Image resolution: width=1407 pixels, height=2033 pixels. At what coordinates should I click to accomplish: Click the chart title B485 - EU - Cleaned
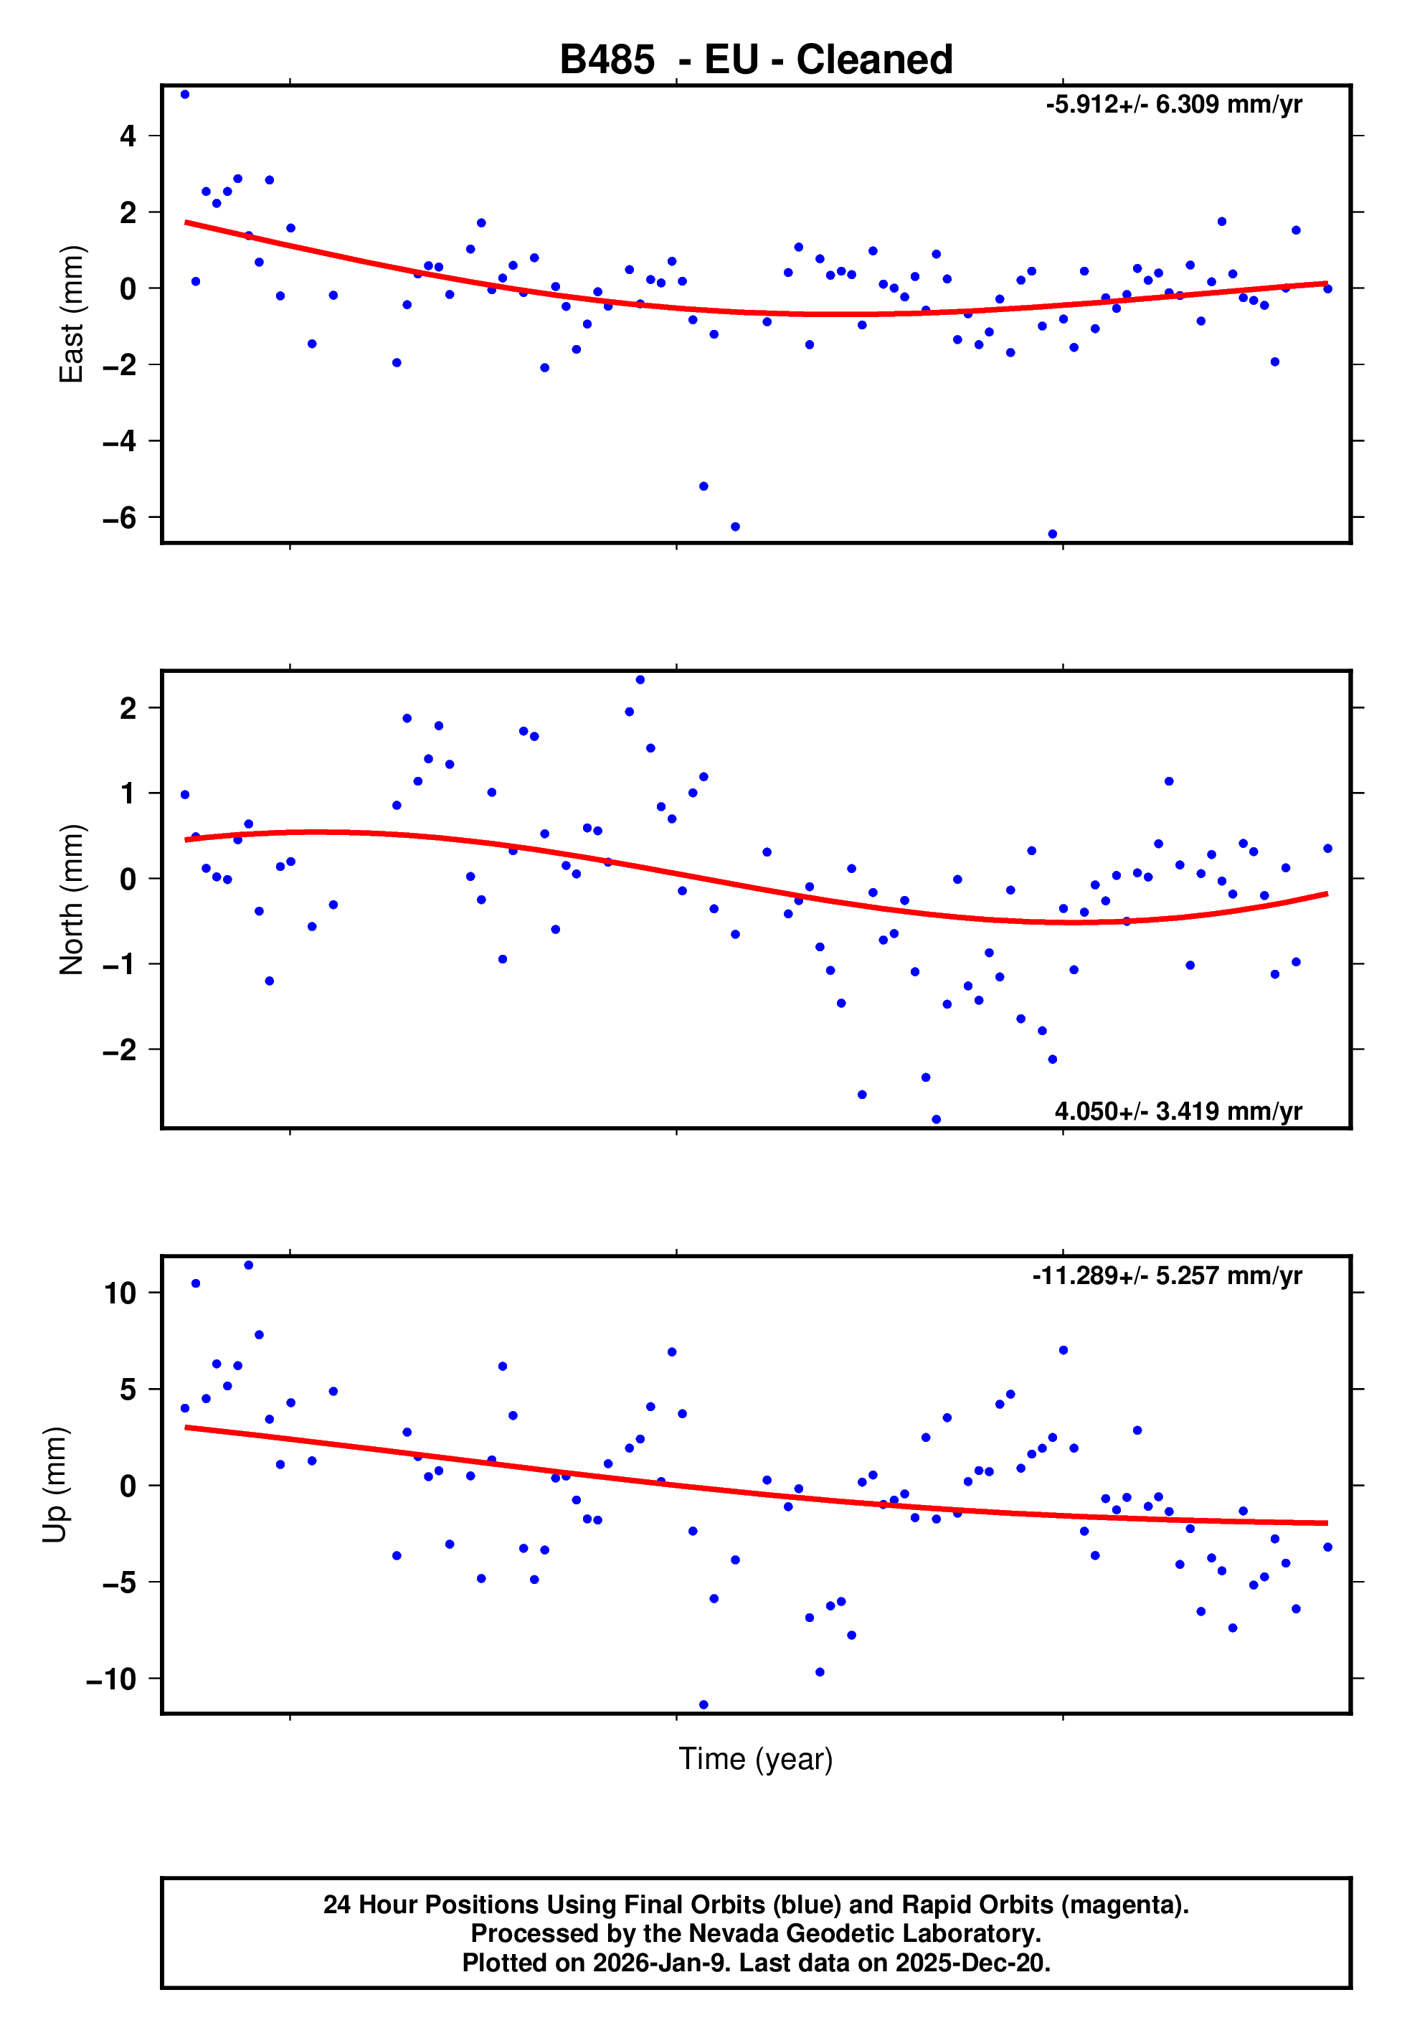coord(756,60)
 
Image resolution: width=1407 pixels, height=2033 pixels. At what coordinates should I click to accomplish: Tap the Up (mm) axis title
coord(55,1485)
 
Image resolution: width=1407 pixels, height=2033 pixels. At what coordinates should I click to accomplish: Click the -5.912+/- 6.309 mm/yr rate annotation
coord(1173,105)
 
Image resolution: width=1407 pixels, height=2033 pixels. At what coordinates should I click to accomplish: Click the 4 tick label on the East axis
coord(128,136)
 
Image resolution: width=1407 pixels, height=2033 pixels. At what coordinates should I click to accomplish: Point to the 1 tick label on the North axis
coord(128,793)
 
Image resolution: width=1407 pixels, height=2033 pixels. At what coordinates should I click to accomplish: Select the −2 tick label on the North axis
coord(119,1050)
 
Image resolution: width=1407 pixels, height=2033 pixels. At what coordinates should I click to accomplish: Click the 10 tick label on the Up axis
coord(120,1293)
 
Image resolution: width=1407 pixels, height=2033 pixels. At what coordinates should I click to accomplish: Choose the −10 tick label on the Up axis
coord(111,1679)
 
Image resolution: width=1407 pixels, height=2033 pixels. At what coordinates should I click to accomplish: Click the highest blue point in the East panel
coord(184,94)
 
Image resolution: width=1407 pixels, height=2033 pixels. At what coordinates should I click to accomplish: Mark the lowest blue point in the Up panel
coord(703,1705)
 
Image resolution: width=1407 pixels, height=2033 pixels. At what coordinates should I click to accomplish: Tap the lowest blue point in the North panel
coord(937,1120)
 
